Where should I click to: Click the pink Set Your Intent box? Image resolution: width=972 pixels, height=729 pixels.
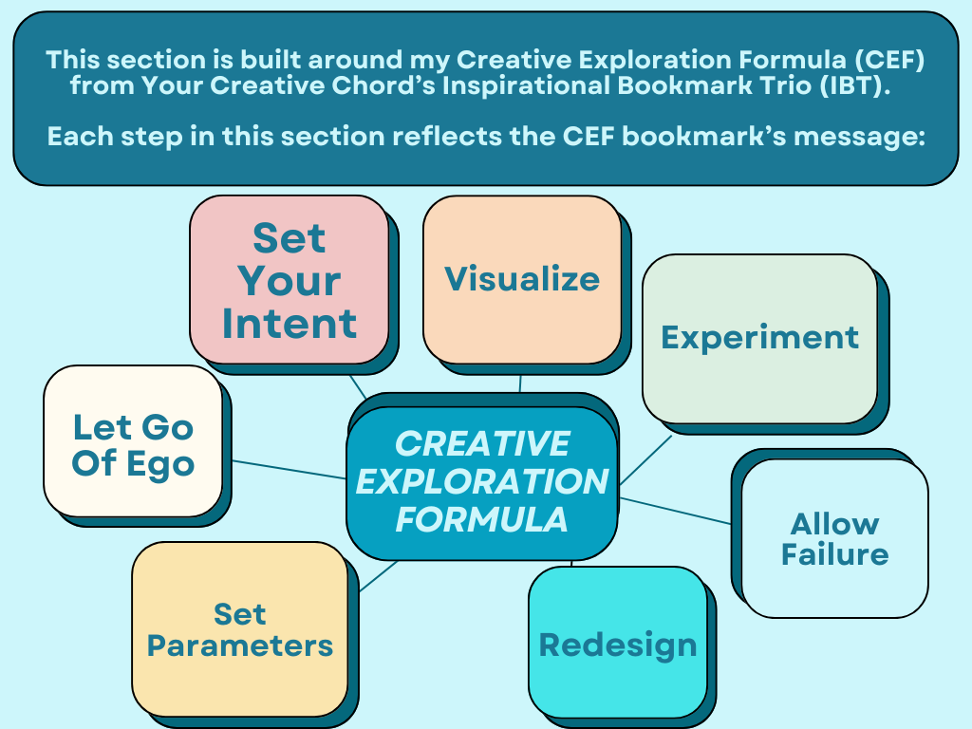point(289,279)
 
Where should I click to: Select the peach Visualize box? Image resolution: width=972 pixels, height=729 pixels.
point(521,279)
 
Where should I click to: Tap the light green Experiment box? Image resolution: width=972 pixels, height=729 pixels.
point(759,338)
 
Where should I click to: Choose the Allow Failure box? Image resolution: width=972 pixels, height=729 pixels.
point(834,538)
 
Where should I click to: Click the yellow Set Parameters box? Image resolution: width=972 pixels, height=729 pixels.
point(239,629)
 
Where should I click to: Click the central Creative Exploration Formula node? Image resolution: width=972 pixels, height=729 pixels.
point(481,482)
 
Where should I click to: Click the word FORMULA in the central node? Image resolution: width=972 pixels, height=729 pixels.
point(481,520)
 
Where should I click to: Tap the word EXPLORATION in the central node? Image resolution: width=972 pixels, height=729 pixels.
point(481,482)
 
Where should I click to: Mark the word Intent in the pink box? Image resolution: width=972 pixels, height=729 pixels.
point(289,324)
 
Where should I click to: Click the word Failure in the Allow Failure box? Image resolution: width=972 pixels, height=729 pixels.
point(834,554)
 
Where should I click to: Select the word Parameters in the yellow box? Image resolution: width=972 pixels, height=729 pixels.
point(239,646)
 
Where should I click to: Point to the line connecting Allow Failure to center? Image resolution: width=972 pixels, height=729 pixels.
point(676,511)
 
